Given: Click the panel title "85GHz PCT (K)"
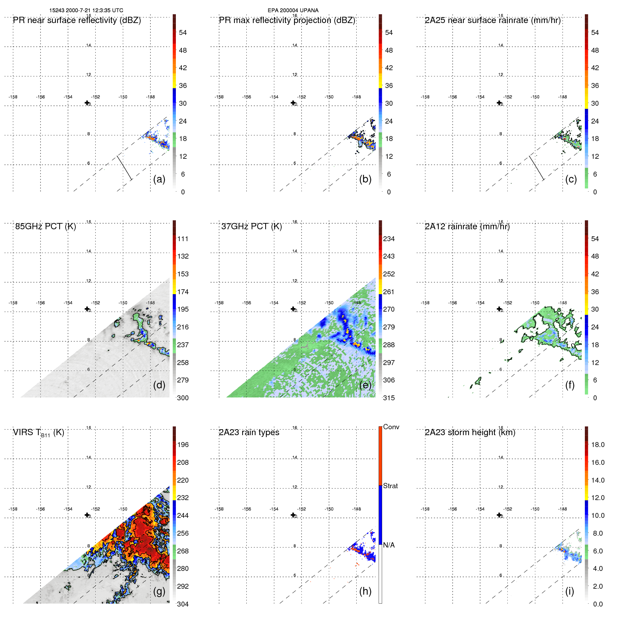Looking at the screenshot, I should point(45,226).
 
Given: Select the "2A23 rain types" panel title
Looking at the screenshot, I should point(249,432).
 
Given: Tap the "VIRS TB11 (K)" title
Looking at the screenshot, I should point(38,433).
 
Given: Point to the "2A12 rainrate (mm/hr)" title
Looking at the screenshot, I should point(467,226).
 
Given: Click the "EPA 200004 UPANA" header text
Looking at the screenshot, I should point(293,10).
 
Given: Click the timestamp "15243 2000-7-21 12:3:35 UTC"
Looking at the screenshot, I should point(86,10).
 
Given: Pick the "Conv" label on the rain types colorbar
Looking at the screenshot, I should point(391,427).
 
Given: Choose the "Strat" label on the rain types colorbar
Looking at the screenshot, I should point(390,486).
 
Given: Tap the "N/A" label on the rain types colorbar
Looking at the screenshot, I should point(389,545).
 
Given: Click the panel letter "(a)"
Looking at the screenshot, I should point(159,179).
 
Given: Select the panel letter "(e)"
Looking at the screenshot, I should point(365,385).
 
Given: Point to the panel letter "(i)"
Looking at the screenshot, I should point(569,591).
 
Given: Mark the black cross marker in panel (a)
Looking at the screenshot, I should point(87,103).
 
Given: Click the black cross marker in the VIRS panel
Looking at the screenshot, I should point(87,515).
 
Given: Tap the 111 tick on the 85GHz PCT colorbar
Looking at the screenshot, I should point(183,239).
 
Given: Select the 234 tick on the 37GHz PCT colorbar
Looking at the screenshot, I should point(389,239).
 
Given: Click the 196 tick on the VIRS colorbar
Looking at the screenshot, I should point(183,445).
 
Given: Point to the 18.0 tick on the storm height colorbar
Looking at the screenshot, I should point(597,445).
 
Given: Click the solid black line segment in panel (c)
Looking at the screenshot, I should point(536,168).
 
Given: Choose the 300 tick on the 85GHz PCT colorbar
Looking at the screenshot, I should point(183,398).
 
